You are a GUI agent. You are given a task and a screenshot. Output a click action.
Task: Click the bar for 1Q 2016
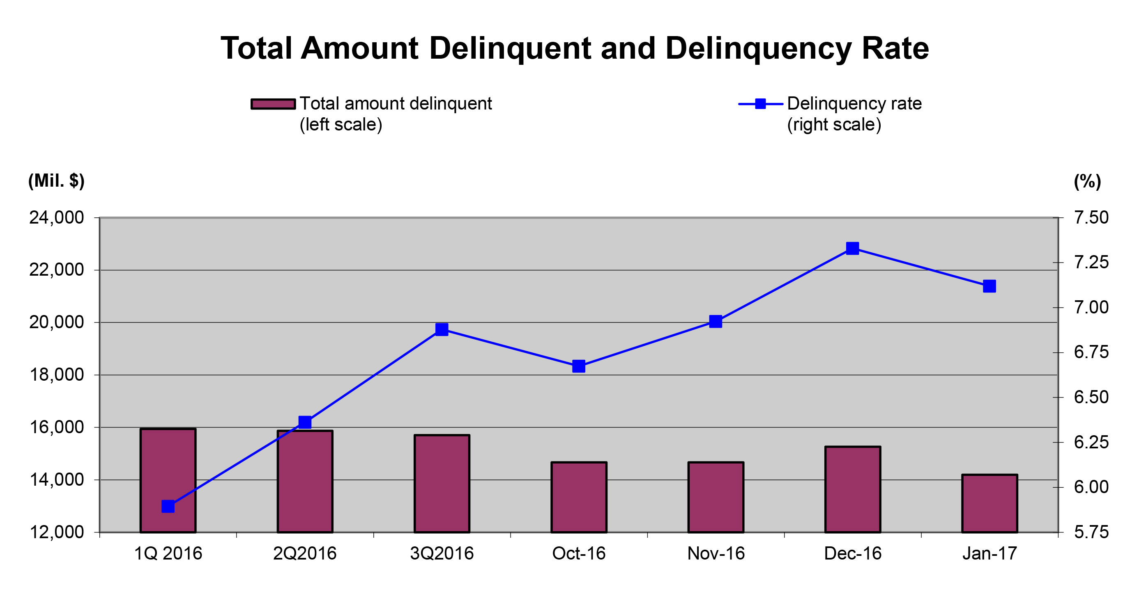168,480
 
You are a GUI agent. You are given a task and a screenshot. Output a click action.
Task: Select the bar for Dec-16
852,489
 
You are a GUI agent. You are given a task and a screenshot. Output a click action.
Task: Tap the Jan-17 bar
990,503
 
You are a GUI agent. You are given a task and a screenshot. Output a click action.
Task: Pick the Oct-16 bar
579,497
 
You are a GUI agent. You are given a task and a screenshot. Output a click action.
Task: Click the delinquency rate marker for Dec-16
852,249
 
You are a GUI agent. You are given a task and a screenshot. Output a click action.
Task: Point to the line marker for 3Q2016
442,329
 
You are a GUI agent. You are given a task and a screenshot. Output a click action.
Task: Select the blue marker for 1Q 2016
168,506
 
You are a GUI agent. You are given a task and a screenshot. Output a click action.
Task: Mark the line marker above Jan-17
990,286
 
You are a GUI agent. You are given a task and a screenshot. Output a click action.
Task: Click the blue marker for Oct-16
579,366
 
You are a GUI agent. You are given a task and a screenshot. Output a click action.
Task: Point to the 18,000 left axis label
57,375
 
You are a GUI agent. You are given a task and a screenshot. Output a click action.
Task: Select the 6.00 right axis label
1091,487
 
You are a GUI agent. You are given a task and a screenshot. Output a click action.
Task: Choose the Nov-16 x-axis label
716,554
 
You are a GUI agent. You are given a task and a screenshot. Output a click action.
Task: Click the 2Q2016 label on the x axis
305,554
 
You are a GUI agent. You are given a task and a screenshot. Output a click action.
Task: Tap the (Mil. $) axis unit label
57,181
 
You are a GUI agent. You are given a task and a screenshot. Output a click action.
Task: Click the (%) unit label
1087,181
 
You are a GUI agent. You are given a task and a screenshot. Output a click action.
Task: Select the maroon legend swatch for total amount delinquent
273,104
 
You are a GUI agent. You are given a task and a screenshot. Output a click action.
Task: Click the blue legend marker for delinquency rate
761,104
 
